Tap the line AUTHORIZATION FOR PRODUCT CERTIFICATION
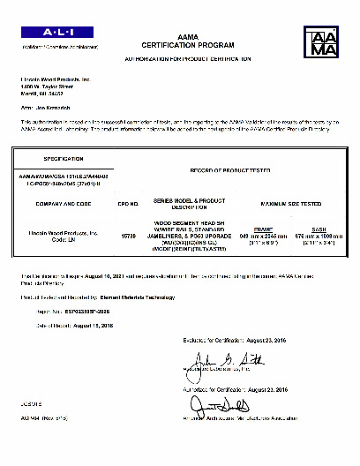[180, 57]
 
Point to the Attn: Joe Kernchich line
[46, 105]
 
